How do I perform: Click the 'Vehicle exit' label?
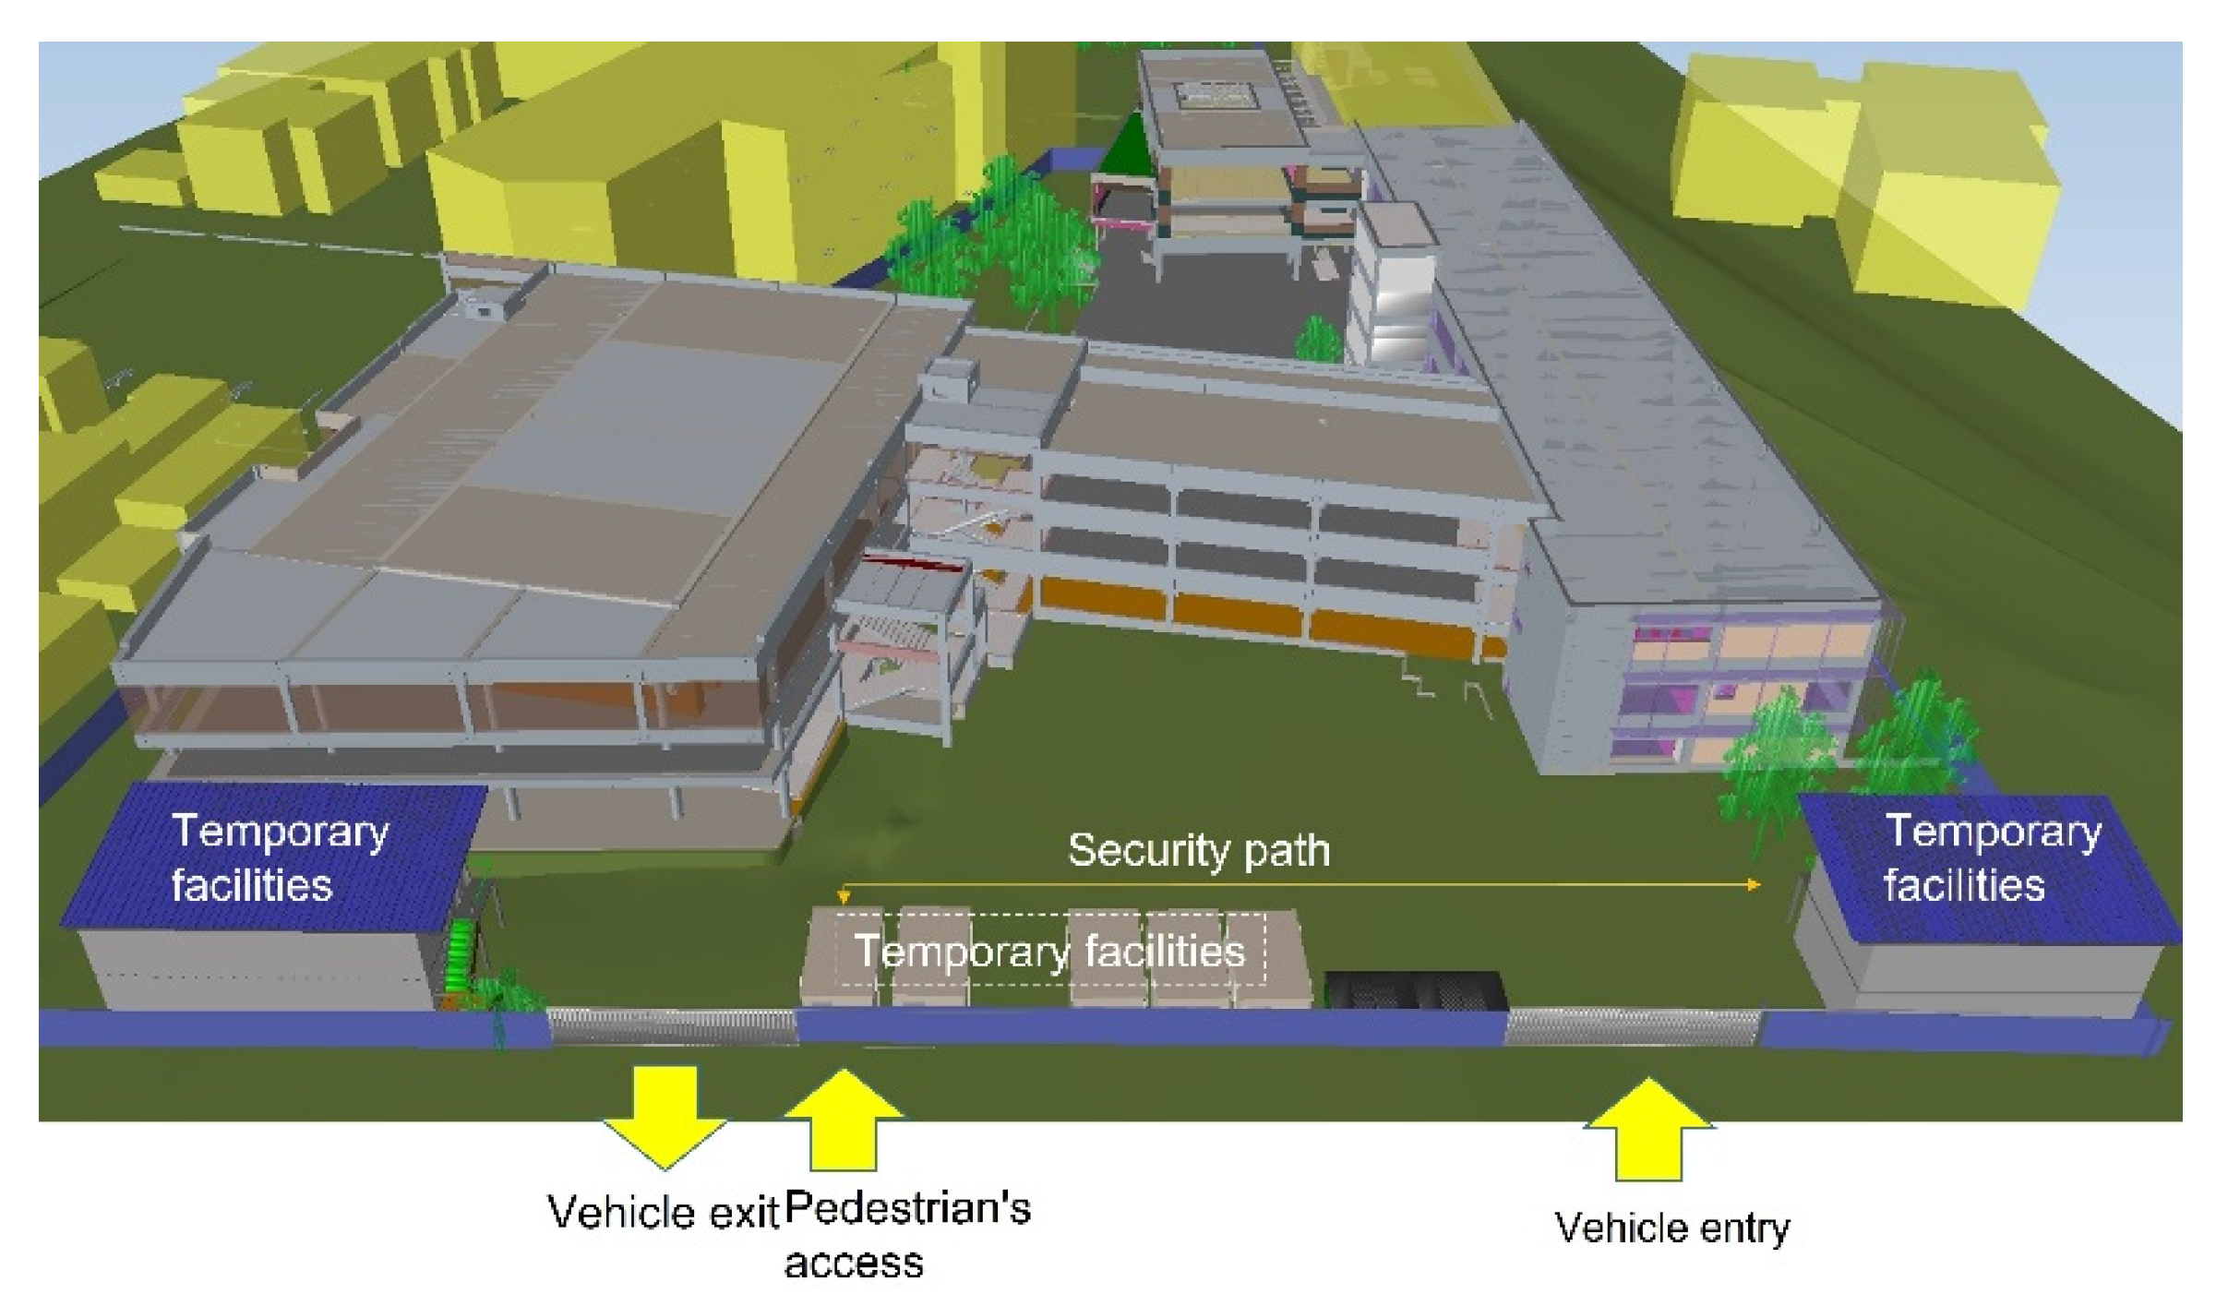(x=664, y=1212)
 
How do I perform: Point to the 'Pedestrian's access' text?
(x=906, y=1234)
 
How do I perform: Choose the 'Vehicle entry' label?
(x=1671, y=1228)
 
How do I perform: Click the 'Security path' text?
(x=1198, y=850)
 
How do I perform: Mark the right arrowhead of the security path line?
(x=1754, y=884)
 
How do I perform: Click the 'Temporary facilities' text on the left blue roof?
(x=280, y=857)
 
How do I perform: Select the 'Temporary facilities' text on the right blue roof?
(x=1991, y=857)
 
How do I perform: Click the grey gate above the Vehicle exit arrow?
(x=672, y=1026)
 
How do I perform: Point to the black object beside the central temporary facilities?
(x=1414, y=989)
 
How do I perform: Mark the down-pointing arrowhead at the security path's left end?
(x=843, y=895)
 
